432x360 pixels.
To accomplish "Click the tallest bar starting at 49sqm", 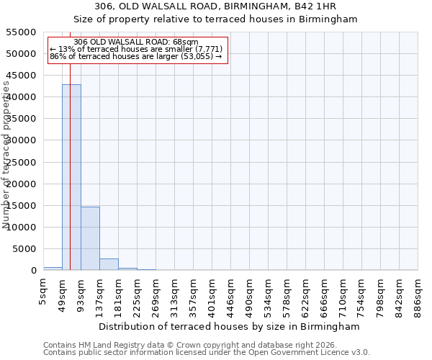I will coord(71,177).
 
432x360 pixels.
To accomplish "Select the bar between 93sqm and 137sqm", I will coord(90,238).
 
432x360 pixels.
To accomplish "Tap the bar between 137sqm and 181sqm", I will coord(109,264).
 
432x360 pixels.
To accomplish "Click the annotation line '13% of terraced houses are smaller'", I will coord(137,49).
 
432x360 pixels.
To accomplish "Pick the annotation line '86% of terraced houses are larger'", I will coord(137,56).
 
